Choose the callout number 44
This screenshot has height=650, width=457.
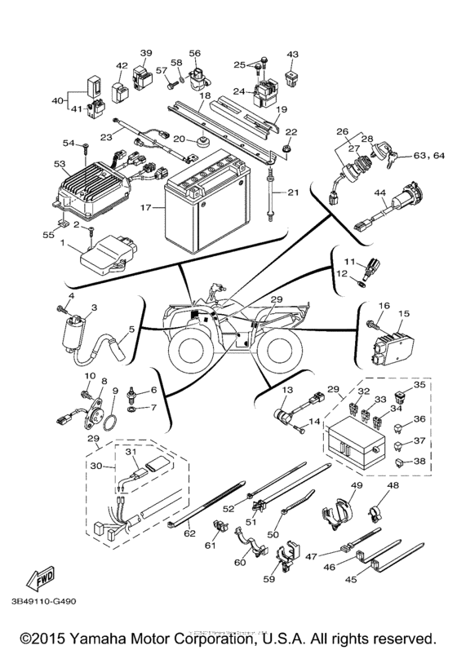coord(379,192)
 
